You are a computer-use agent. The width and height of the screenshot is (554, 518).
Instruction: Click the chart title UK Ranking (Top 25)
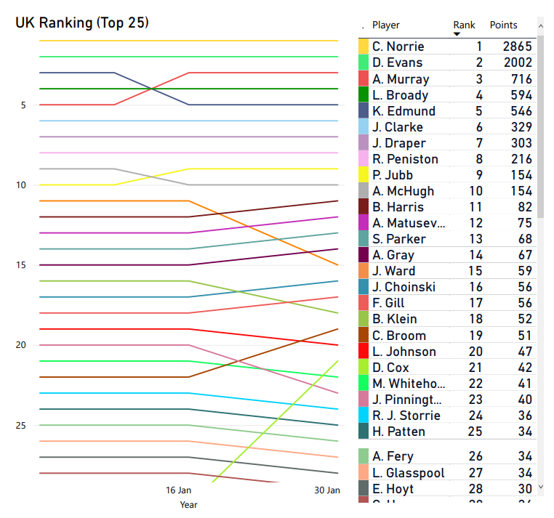point(82,23)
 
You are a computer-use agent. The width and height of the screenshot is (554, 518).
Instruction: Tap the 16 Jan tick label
point(179,490)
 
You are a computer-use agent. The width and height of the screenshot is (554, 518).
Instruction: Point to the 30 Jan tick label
point(326,490)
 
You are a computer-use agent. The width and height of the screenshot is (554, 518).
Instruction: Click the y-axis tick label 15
point(20,265)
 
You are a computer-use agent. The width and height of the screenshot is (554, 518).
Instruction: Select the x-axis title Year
point(188,504)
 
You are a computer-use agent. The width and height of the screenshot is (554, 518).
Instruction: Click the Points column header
point(503,25)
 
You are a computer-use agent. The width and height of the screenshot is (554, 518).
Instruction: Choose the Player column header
point(386,25)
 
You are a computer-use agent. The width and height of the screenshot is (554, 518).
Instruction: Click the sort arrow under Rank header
point(457,34)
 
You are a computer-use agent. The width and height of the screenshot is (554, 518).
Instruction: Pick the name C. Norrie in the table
point(398,46)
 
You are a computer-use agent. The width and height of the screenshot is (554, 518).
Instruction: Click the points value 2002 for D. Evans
point(517,62)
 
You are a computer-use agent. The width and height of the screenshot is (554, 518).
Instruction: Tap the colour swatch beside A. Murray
point(364,78)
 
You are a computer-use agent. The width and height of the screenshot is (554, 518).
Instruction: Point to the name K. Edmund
point(404,111)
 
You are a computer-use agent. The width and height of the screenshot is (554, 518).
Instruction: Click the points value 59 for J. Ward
point(524,271)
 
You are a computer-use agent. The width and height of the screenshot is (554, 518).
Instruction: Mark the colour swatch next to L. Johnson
point(364,352)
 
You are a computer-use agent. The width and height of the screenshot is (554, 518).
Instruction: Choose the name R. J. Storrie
point(406,416)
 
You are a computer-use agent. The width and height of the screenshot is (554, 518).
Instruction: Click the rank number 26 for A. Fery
point(474,456)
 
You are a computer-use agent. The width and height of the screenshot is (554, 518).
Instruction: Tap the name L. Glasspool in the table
point(408,473)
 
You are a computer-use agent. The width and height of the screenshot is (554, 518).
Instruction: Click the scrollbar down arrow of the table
point(540,489)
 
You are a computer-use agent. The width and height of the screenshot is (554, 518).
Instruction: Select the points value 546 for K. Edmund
point(521,111)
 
